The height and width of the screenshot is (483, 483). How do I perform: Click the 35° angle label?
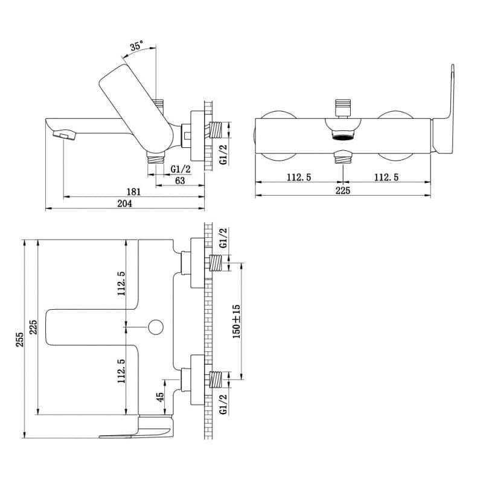coord(136,46)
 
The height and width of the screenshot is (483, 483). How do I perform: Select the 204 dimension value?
coord(125,203)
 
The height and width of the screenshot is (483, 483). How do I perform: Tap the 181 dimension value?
coord(133,192)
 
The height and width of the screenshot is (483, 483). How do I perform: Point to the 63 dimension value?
coord(180,181)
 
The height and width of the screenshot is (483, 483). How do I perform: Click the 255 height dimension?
coord(20,339)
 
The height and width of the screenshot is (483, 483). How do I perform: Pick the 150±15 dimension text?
coord(236,322)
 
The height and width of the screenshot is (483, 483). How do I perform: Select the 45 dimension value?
coord(160,397)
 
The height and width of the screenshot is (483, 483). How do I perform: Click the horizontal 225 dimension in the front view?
coord(343,190)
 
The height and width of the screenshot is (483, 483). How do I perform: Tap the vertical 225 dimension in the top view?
coord(33,327)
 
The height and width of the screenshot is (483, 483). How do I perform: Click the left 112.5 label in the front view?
coord(299,178)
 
